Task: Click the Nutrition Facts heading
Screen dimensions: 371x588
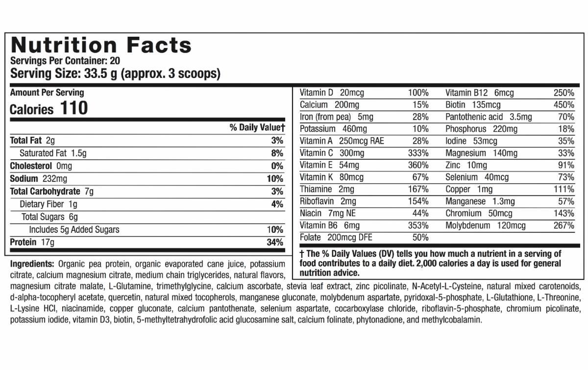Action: [101, 46]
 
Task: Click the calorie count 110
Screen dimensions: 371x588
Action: [73, 108]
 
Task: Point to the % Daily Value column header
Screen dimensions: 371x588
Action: [257, 128]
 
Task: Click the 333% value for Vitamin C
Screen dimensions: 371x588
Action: [418, 153]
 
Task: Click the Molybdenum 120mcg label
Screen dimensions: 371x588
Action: [485, 226]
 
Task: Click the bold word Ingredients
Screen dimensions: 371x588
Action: [32, 264]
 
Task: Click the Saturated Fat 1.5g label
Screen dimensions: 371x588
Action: [53, 153]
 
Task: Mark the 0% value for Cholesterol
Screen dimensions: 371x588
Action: [277, 166]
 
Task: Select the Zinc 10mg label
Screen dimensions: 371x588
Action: [466, 166]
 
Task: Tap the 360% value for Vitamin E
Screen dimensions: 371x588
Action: [418, 166]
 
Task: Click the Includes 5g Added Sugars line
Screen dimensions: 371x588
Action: [74, 230]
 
